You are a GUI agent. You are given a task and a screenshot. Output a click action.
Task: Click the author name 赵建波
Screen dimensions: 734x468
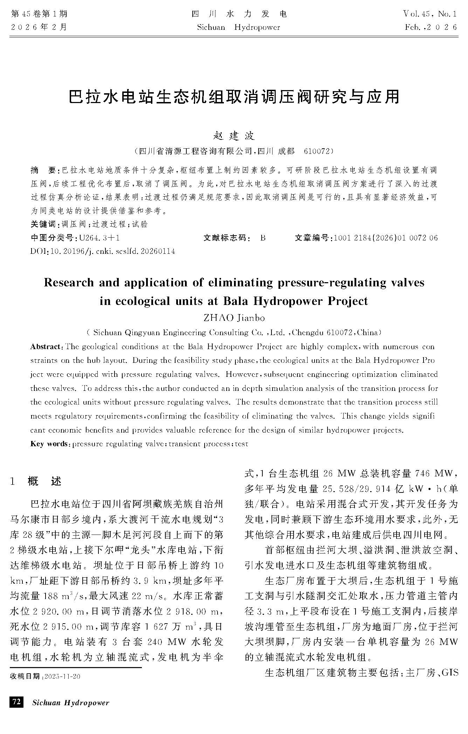pos(234,136)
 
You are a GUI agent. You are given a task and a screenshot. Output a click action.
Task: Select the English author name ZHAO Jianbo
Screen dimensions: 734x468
pos(234,318)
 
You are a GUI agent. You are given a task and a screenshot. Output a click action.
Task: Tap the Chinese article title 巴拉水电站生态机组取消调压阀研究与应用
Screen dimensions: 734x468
pos(234,96)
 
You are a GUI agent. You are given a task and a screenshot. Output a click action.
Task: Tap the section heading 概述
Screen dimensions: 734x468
pos(44,481)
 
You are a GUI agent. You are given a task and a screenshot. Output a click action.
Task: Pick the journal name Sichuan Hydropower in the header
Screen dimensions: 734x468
pos(239,27)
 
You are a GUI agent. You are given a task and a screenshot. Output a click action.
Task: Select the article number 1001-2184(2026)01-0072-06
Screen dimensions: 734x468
pos(386,238)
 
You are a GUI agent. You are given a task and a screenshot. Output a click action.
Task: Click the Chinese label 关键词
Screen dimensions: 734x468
pos(43,224)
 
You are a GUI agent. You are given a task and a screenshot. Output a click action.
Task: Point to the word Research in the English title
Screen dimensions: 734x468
pos(69,283)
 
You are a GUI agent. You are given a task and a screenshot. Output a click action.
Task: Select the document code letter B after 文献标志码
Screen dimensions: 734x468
pos(263,238)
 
